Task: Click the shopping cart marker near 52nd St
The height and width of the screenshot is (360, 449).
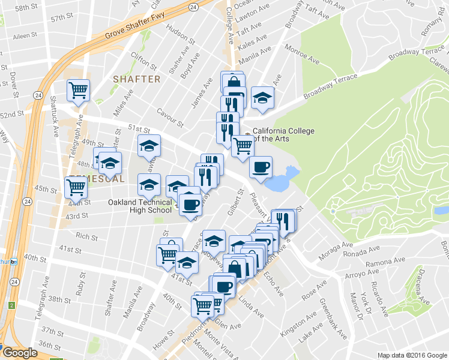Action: point(78,91)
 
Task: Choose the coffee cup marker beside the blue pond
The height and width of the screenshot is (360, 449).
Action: point(261,167)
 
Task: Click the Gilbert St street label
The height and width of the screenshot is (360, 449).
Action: point(234,203)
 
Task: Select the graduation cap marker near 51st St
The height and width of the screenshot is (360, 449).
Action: point(149,145)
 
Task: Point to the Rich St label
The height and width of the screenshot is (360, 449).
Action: point(87,237)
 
